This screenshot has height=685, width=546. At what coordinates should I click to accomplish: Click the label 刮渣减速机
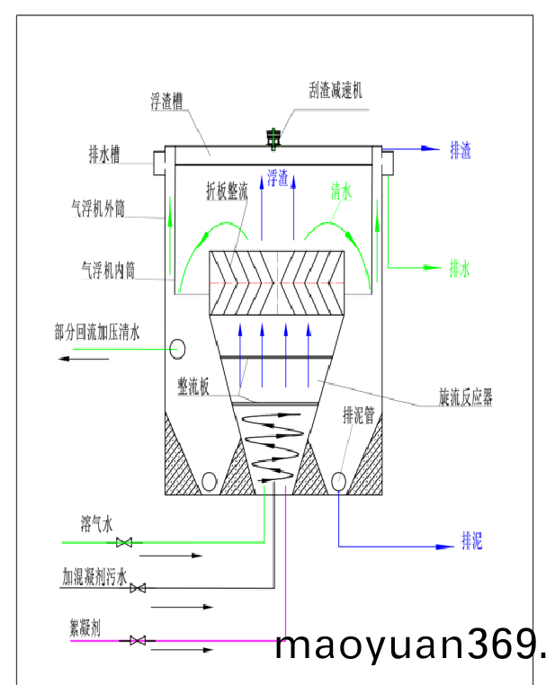335,91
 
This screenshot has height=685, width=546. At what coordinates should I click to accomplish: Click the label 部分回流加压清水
97,333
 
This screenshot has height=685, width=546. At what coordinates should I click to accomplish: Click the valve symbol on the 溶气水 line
125,542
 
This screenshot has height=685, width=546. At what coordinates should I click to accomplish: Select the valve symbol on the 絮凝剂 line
139,641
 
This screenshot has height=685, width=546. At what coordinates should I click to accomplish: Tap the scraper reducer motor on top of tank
274,138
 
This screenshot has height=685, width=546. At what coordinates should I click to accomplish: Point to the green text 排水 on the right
460,268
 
